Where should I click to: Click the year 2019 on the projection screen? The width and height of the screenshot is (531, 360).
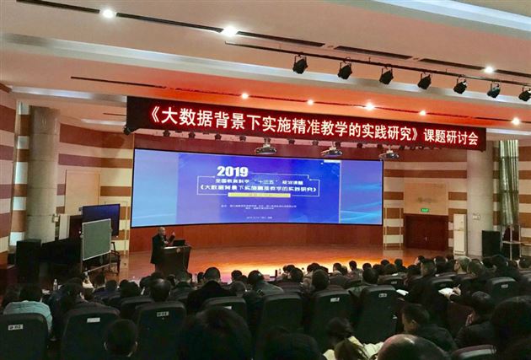233,170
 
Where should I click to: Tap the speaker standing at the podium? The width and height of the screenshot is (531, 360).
159,249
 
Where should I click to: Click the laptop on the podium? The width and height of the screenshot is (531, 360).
179,242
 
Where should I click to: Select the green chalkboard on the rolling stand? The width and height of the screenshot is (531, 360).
96,239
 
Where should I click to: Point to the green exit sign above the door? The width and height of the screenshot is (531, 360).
425,209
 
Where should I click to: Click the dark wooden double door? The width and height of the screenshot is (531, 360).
426,233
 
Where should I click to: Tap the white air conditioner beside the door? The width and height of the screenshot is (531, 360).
459,233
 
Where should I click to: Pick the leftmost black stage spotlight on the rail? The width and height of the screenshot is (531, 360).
300,64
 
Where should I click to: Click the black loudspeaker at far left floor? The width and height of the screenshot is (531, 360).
28,259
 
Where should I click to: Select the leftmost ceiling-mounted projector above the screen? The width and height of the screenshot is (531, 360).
265,149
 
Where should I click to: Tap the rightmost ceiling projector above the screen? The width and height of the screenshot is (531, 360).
389,154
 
